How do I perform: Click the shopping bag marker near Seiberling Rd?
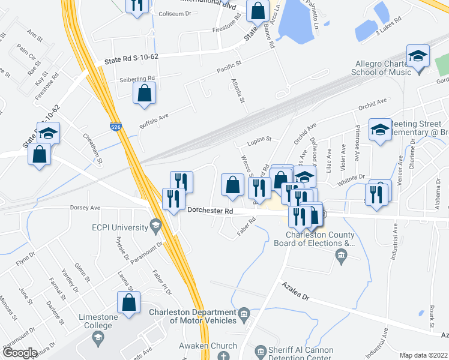(x=144, y=93)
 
